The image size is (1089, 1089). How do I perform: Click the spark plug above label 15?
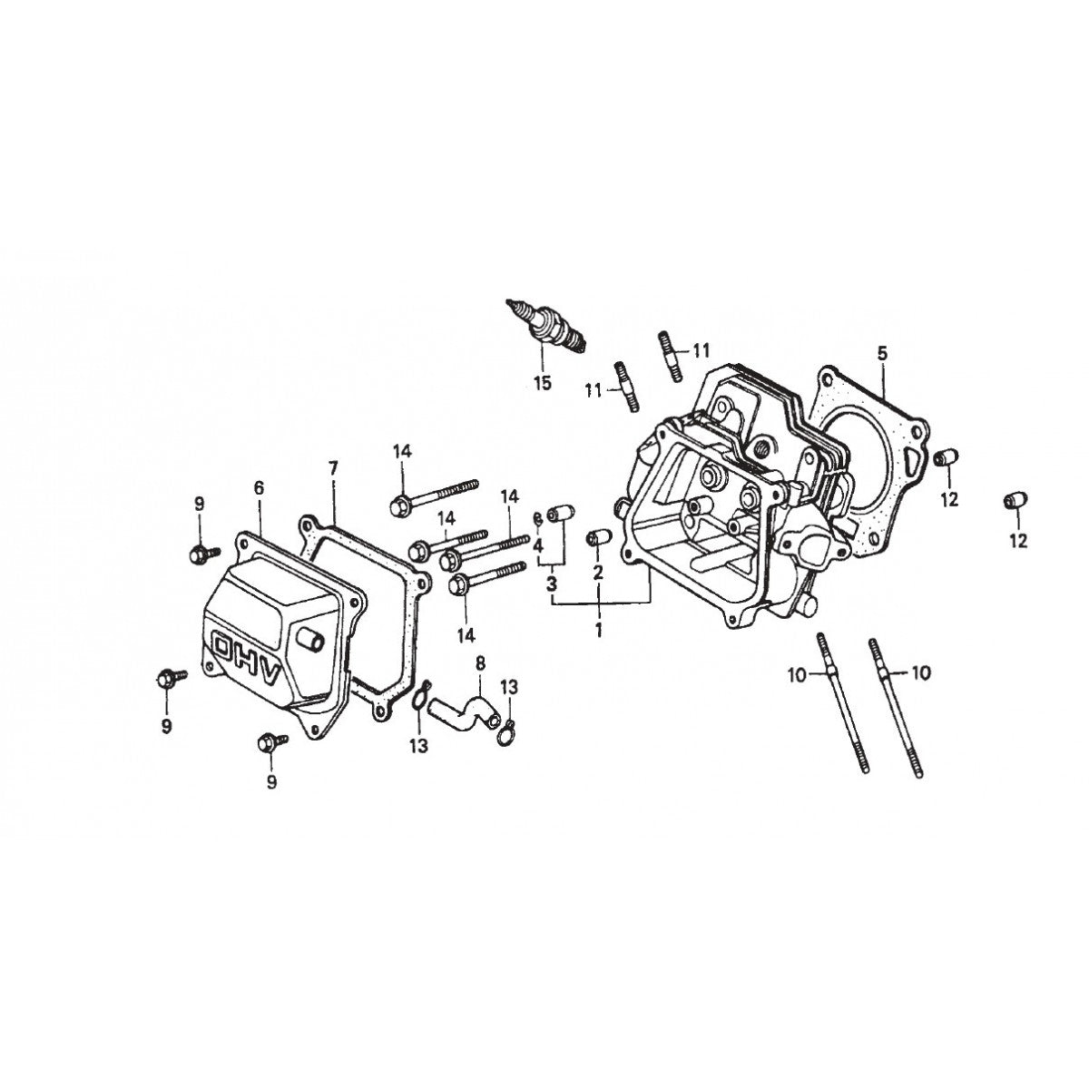(x=547, y=325)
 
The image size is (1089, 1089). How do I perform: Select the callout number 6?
(x=259, y=488)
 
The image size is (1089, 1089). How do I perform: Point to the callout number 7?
(x=333, y=468)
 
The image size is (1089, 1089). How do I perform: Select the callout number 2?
(x=599, y=572)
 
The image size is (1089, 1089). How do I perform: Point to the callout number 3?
(x=551, y=584)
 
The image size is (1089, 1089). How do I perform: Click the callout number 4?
(x=538, y=546)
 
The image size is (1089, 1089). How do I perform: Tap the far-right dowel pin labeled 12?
(x=1015, y=500)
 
